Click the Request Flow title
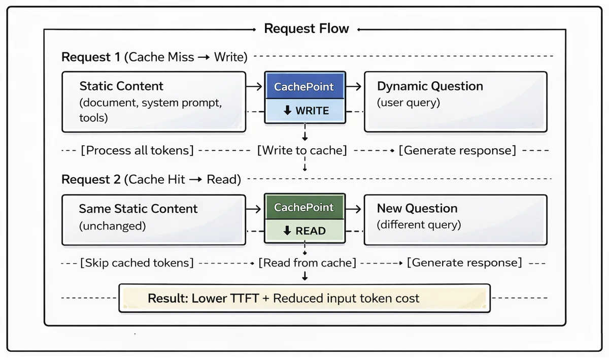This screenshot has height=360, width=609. point(307,28)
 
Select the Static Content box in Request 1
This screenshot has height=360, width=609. point(154,102)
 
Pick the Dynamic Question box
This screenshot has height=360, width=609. point(456,102)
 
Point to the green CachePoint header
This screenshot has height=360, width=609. point(304,207)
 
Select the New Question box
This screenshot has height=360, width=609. point(456,220)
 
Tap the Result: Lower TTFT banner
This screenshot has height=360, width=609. point(304,298)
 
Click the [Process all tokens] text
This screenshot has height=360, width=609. point(138,150)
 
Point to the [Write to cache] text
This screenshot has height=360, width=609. point(302,150)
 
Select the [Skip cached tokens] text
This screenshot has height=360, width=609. point(137,263)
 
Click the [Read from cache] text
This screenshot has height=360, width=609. point(307,263)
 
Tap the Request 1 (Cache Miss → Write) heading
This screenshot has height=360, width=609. point(154,57)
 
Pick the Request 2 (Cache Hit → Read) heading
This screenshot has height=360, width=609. point(151,180)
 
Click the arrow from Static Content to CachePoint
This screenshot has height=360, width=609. point(254,86)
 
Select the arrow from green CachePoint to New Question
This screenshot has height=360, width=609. point(353,209)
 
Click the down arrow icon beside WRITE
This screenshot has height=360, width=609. point(287,111)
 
